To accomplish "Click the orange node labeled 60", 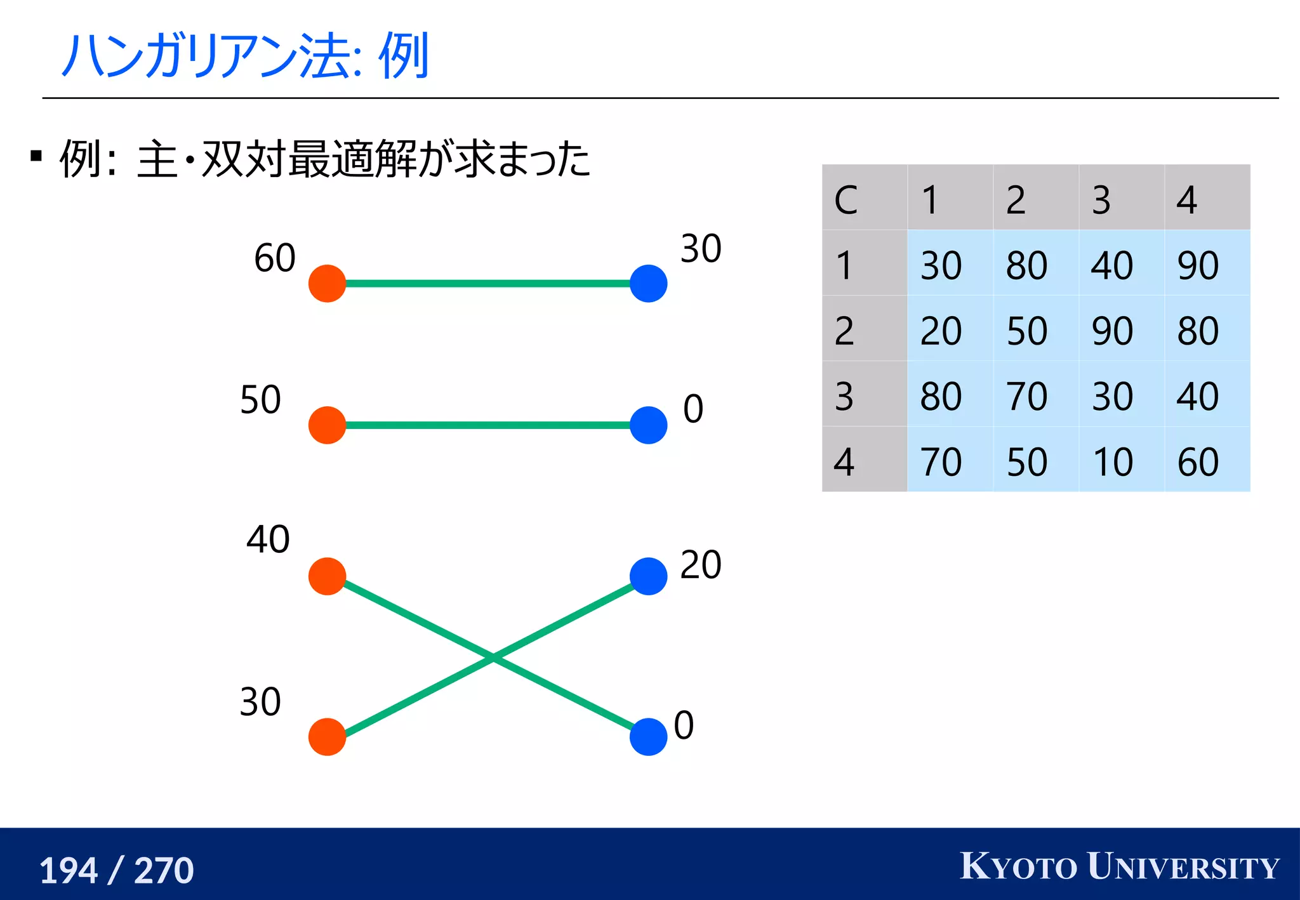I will coord(327,284).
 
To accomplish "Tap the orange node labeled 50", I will coord(327,425).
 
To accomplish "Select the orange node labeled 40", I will coord(327,576).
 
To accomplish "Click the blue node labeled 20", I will coord(648,576).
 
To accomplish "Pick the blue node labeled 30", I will coord(648,284).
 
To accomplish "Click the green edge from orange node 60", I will coord(487,284).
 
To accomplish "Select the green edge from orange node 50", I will coord(487,425).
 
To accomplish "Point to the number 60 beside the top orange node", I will coord(275,258).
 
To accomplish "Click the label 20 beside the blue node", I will coord(701,564).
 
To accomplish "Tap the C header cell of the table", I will coord(846,200).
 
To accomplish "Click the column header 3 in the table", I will coord(1101,200).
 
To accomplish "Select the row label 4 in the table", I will coord(844,461).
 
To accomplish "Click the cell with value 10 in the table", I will coord(1113,461).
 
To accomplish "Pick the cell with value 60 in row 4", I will coord(1198,461).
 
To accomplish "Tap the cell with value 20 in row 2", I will coord(941,331).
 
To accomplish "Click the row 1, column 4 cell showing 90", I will coord(1198,265).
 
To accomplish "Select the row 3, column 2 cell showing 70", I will coord(1027,396).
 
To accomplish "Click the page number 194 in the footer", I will coord(69,870).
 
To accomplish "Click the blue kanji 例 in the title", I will coord(404,56).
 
